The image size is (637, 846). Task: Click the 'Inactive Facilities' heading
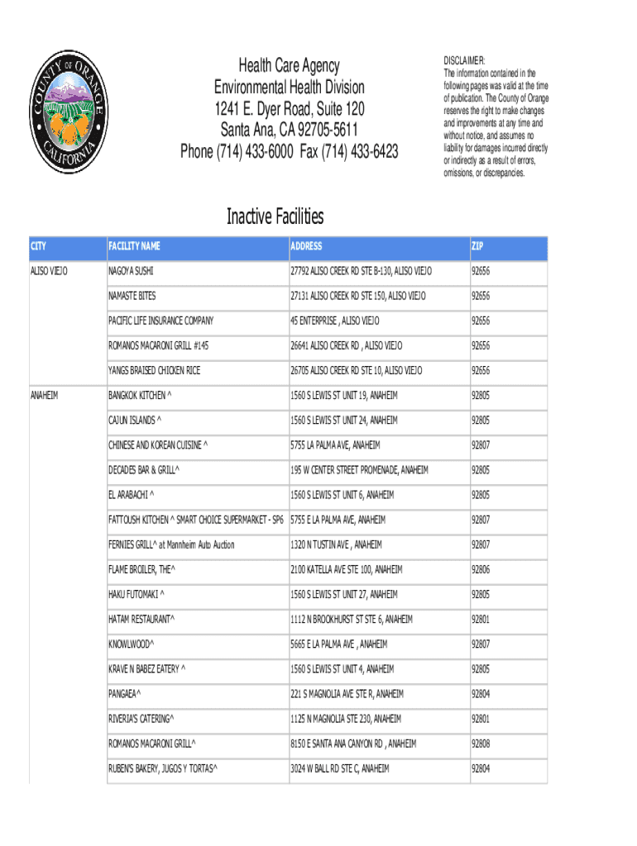pos(275,217)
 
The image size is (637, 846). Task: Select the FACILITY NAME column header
pos(134,246)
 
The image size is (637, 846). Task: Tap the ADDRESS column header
pos(306,246)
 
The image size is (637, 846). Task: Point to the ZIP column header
pos(477,246)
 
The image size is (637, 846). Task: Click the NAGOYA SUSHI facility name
pos(131,271)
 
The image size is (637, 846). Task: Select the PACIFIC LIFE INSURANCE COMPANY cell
pos(160,321)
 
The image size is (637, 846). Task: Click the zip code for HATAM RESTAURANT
pos(481,620)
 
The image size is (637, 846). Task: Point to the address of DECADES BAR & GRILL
pos(359,471)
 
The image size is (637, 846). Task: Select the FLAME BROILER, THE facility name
pos(141,570)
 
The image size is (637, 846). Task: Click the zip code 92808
pos(481,744)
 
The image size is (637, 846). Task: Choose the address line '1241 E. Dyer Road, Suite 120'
pos(289,109)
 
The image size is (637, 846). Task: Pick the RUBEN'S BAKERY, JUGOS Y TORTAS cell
pos(162,769)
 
